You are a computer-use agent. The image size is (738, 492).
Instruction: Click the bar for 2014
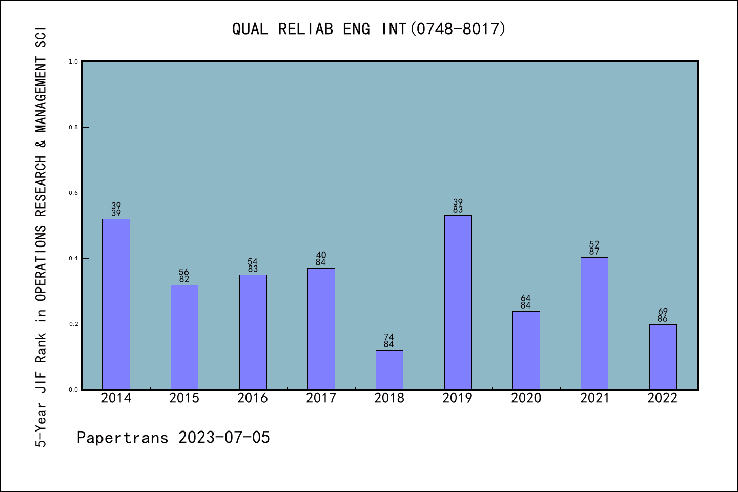116,304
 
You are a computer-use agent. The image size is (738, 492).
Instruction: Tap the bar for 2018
389,370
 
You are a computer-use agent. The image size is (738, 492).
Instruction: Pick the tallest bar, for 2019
458,302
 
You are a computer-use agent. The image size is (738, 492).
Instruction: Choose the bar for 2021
594,323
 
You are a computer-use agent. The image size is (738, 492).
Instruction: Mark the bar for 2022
663,357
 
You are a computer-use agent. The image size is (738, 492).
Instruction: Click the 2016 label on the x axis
253,398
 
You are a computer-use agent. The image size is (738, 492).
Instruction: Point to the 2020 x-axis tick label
526,398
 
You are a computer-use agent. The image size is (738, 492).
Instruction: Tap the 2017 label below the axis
321,398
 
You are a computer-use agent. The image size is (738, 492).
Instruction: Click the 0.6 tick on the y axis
73,193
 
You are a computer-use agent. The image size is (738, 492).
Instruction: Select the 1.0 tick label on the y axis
73,62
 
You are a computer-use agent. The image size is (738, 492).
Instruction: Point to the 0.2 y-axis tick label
73,324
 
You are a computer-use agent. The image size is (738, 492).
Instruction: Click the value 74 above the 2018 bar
389,337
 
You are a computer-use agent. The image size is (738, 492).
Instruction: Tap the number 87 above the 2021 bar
594,252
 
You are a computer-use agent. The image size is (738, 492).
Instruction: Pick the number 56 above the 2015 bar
184,272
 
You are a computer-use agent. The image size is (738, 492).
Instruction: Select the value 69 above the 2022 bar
663,311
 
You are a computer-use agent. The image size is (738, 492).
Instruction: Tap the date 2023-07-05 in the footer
224,438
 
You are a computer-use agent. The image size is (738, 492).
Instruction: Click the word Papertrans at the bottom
122,438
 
